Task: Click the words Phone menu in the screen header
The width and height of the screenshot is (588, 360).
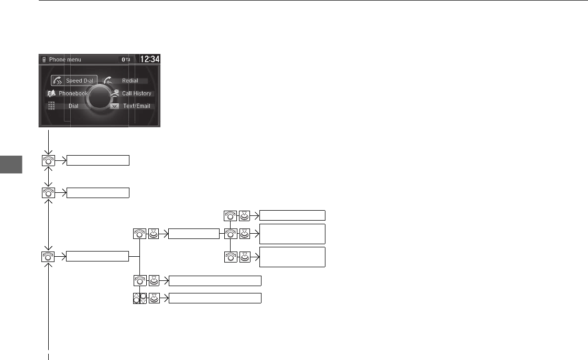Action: click(65, 60)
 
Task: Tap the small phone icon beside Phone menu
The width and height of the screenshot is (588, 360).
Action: click(43, 60)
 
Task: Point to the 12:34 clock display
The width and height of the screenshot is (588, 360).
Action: click(149, 59)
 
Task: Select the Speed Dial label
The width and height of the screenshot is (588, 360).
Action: click(79, 81)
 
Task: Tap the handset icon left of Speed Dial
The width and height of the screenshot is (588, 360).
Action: click(58, 81)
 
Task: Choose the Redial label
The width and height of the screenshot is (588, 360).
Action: click(130, 81)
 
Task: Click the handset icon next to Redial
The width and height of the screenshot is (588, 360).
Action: click(108, 80)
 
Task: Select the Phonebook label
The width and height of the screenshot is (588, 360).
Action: click(73, 93)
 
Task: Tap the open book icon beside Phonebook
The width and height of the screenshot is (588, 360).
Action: click(51, 93)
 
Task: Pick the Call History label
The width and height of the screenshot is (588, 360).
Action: click(136, 93)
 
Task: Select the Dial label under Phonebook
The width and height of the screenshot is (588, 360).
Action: click(73, 106)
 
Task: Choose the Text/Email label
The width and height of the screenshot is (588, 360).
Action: click(136, 106)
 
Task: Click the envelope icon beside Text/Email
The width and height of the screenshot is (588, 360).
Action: click(115, 106)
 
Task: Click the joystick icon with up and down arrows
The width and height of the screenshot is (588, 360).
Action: click(139, 298)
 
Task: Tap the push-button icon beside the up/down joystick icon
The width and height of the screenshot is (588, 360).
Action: click(154, 298)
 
